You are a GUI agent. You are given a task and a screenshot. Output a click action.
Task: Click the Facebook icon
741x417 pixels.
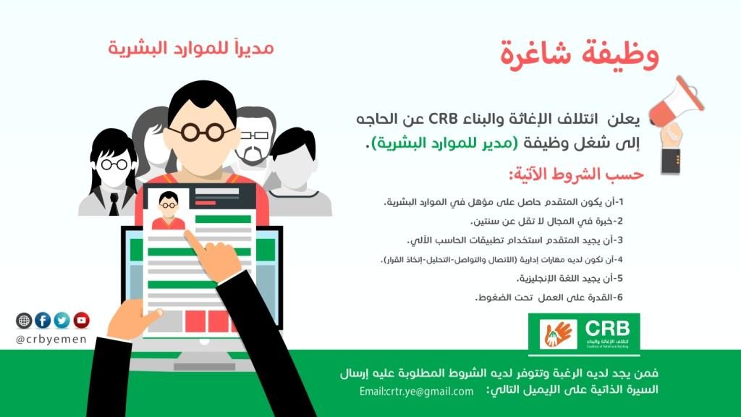[43, 321]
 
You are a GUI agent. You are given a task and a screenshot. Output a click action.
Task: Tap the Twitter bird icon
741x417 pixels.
[62, 321]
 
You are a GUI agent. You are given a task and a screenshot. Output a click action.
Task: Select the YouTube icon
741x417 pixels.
[81, 321]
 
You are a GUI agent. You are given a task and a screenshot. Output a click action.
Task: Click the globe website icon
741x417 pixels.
[24, 321]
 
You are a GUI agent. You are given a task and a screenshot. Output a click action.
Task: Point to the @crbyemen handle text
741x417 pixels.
[51, 340]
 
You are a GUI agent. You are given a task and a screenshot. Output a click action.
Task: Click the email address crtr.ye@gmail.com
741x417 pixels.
[416, 392]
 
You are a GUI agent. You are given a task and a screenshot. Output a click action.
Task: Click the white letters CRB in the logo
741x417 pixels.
[607, 328]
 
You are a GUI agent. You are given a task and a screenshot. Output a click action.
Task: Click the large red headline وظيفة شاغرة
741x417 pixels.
[580, 54]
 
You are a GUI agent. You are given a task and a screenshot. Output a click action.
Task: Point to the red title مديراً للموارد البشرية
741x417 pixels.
[191, 49]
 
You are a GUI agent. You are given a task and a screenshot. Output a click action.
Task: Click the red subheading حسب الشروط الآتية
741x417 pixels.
[576, 174]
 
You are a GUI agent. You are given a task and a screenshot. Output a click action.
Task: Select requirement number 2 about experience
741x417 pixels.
[547, 222]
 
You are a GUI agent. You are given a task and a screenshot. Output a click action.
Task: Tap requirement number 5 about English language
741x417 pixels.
[570, 279]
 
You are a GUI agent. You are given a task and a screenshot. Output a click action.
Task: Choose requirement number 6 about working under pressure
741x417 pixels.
[549, 298]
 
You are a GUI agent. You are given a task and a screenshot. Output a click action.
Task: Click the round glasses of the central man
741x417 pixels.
[203, 132]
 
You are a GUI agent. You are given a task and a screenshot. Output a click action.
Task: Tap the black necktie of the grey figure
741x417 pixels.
[114, 204]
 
